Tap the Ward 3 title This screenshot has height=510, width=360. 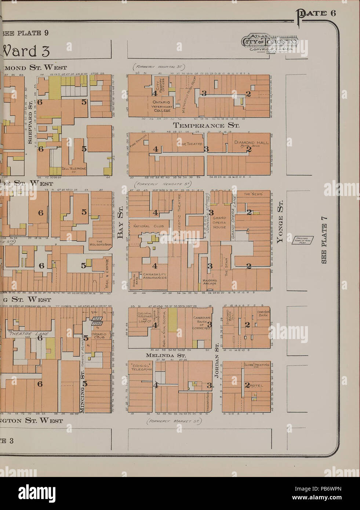pos(26,51)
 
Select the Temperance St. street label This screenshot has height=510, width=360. pos(206,125)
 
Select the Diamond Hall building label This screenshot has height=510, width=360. pos(251,143)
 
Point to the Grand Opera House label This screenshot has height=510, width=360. pos(219,222)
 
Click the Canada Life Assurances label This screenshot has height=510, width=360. pos(155,276)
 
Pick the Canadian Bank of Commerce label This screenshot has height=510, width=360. pos(202,323)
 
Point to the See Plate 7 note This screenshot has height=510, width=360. pos(324,240)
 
